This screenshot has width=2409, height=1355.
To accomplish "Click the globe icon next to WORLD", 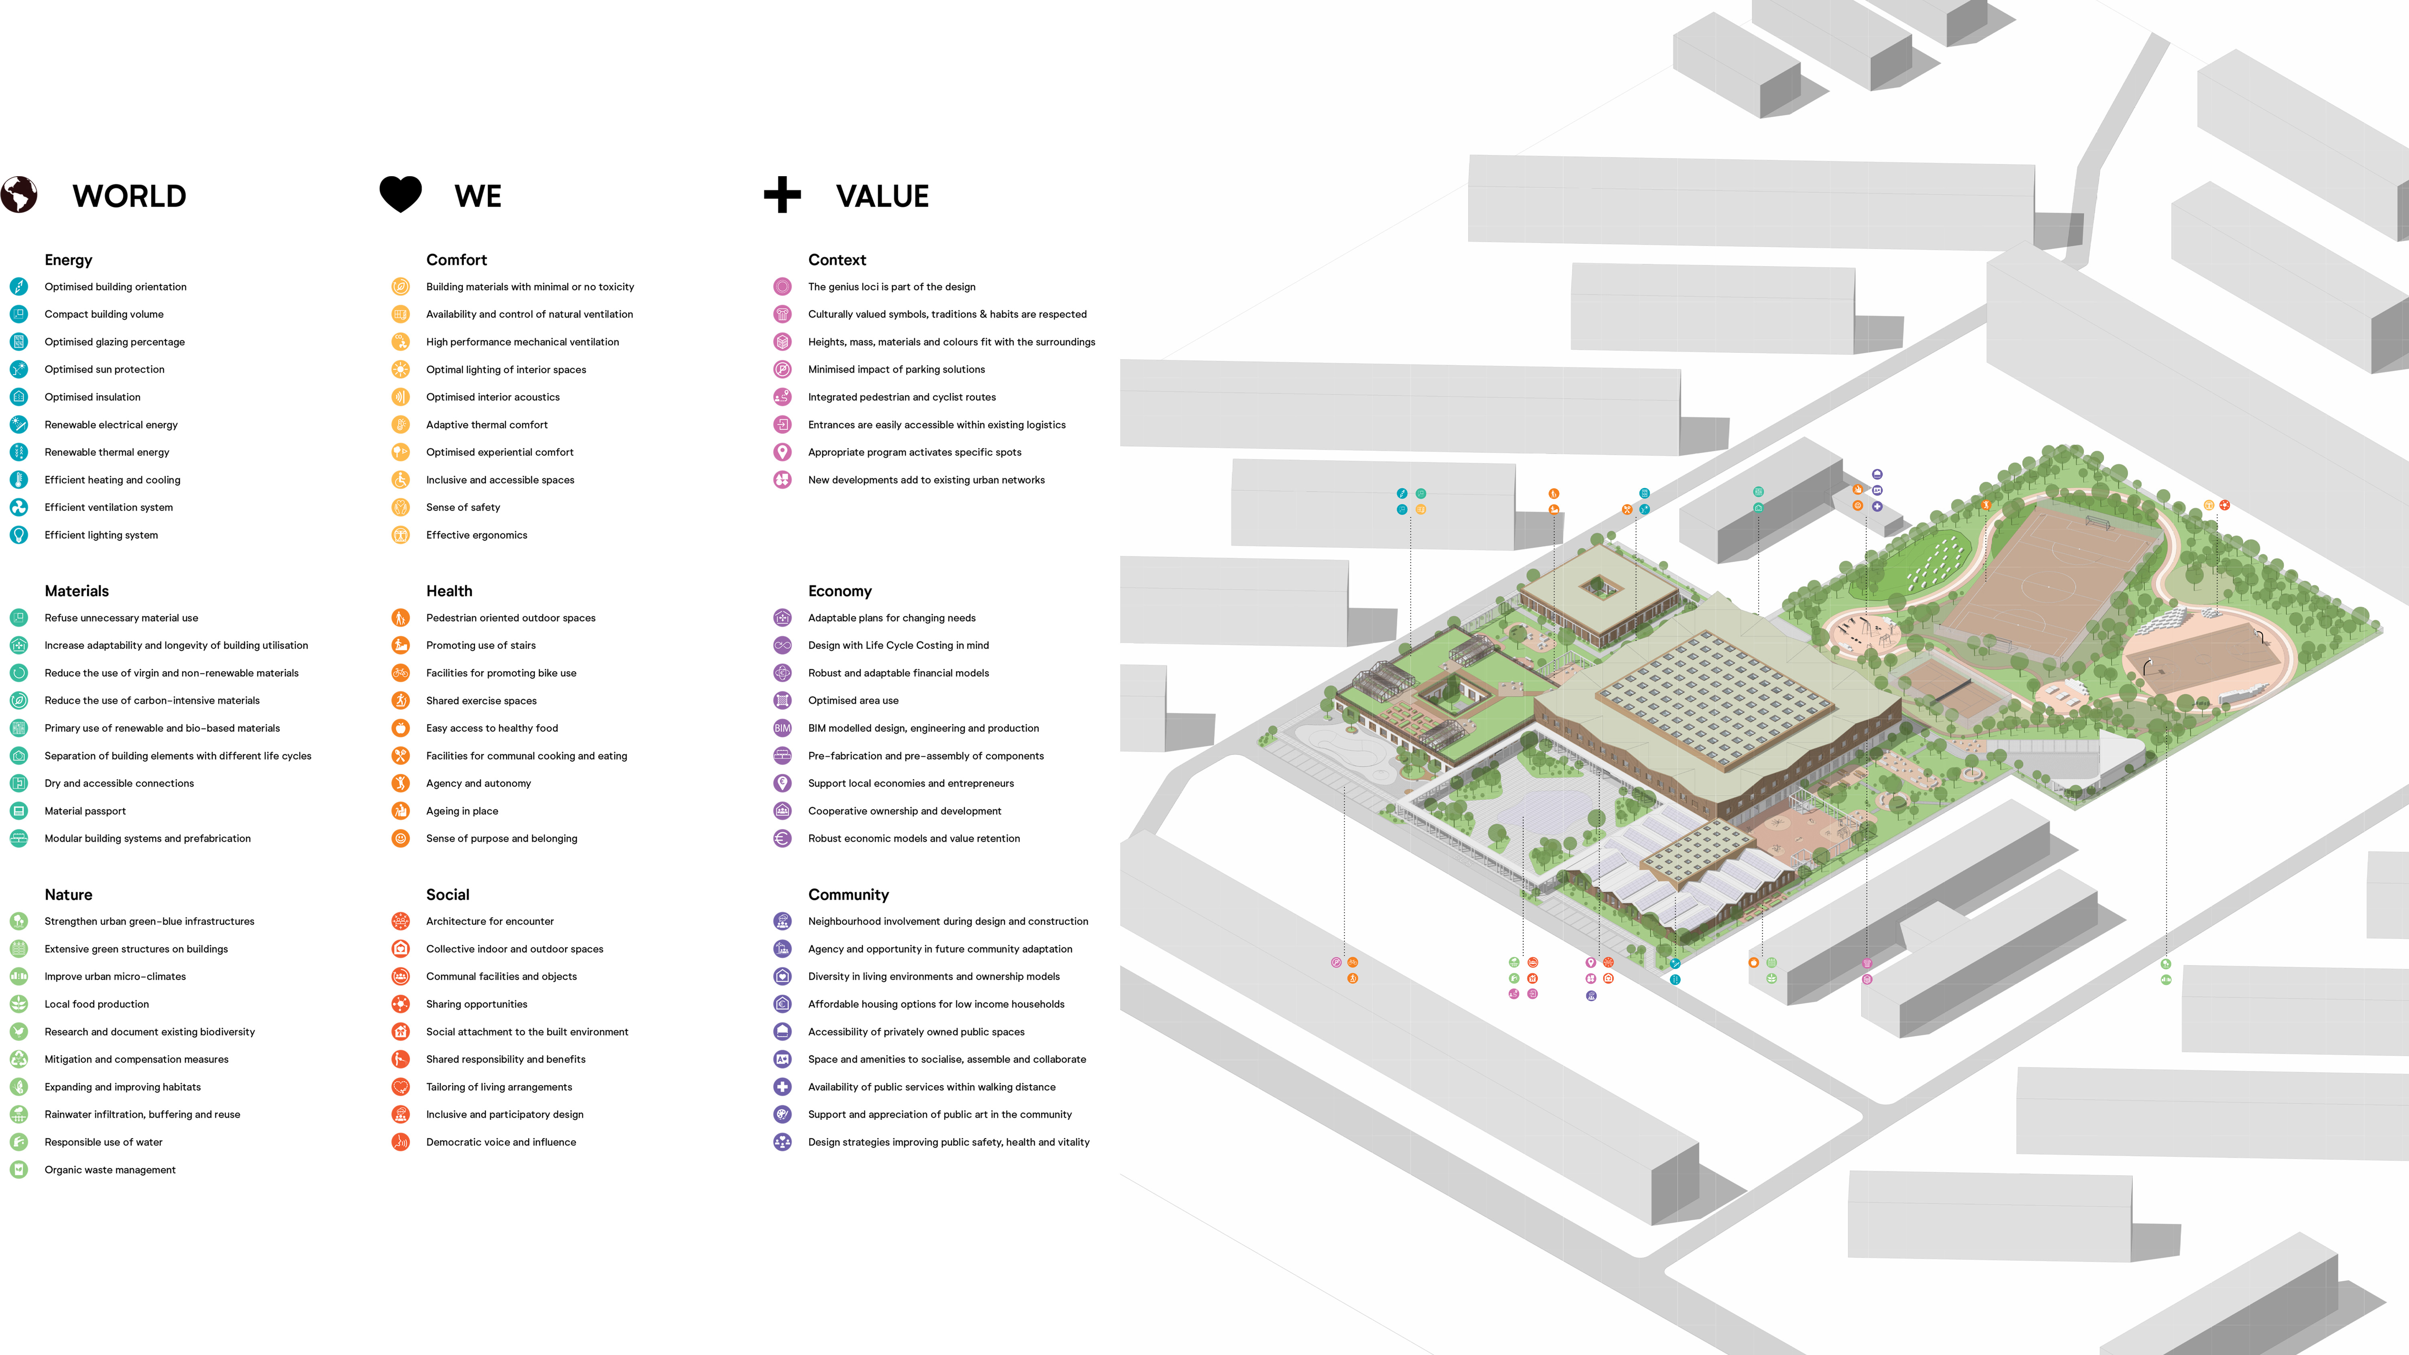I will (19, 195).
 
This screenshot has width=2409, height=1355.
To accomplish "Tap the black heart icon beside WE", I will (400, 193).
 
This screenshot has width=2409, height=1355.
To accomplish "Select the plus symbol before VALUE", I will (782, 195).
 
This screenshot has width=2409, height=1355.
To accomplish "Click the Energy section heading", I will (68, 260).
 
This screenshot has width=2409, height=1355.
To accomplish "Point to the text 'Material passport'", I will (85, 811).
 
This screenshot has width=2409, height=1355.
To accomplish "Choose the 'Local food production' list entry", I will (96, 1004).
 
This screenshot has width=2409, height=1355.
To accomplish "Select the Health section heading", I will (449, 591).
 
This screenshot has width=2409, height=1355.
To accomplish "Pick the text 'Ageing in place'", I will (462, 811).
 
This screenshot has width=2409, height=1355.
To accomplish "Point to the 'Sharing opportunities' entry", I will (476, 1004).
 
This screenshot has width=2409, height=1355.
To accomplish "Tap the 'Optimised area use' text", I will (853, 700).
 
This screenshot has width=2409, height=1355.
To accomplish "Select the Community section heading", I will (848, 895).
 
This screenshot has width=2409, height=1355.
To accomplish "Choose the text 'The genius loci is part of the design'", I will (891, 287).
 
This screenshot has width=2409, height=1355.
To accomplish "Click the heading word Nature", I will (68, 895).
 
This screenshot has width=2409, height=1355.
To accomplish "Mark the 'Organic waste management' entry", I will (110, 1170).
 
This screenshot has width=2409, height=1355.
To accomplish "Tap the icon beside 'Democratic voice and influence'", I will (400, 1142).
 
